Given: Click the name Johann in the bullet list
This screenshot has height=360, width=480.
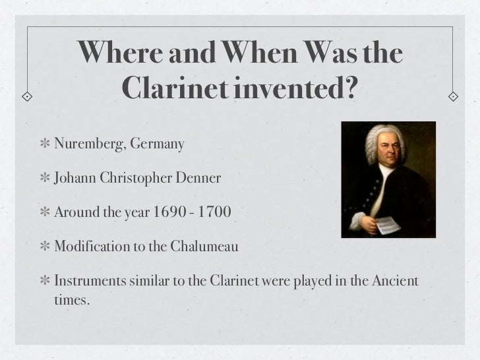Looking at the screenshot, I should [75, 178].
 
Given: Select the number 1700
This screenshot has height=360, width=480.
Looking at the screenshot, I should [216, 213].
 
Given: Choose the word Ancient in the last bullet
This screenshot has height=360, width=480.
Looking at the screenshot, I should [394, 283].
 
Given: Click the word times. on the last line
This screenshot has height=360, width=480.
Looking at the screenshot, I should [69, 301].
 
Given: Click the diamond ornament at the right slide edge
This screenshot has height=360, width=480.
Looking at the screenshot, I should [454, 96].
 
